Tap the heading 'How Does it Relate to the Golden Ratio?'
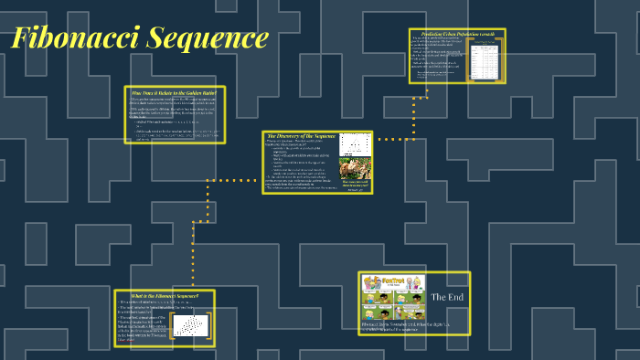(174, 92)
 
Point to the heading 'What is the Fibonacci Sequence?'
(165, 295)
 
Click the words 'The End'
(448, 298)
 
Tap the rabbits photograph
(355, 169)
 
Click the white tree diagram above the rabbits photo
(355, 144)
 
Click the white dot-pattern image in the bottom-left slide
(189, 325)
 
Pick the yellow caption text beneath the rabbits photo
(355, 186)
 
